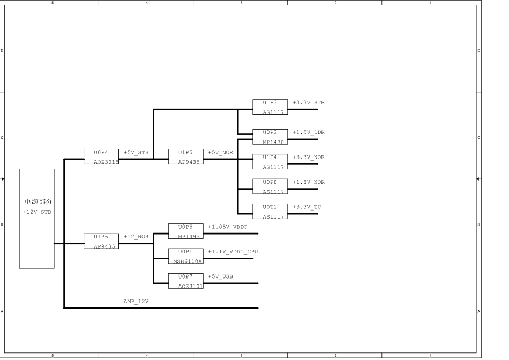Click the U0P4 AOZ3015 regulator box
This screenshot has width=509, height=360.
pyautogui.click(x=101, y=156)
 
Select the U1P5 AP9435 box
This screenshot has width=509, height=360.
pyautogui.click(x=185, y=156)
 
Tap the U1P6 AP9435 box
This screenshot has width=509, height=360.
pyautogui.click(x=101, y=241)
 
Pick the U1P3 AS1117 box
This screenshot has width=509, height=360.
pyautogui.click(x=270, y=107)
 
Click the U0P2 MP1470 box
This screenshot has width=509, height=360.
pyautogui.click(x=270, y=137)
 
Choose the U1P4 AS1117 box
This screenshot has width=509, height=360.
pyautogui.click(x=270, y=162)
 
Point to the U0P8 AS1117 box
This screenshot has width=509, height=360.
pyautogui.click(x=270, y=186)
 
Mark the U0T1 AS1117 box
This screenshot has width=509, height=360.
pyautogui.click(x=270, y=211)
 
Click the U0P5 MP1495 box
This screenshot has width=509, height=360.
pyautogui.click(x=185, y=231)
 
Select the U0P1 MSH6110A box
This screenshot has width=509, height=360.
pyautogui.click(x=185, y=256)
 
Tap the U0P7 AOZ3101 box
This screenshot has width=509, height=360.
pyautogui.click(x=185, y=281)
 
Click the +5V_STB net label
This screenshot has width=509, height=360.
pyautogui.click(x=137, y=152)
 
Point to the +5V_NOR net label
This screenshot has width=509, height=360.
pyautogui.click(x=221, y=152)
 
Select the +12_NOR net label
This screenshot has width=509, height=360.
pyautogui.click(x=136, y=236)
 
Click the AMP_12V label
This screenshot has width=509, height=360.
pyautogui.click(x=136, y=302)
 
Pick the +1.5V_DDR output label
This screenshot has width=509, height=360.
pyautogui.click(x=309, y=132)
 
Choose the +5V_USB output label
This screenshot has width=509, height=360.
pyautogui.click(x=220, y=276)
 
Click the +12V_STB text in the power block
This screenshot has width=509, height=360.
pyautogui.click(x=37, y=212)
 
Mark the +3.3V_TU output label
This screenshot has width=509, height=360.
pyautogui.click(x=307, y=207)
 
